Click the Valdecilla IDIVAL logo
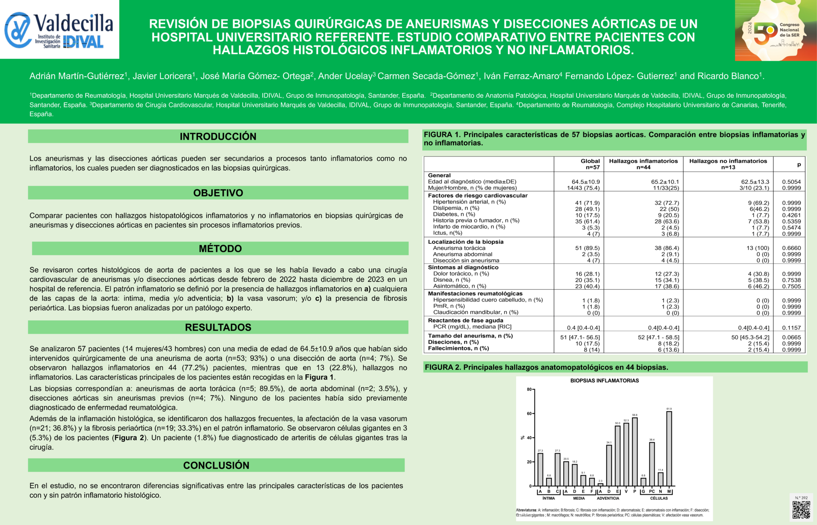(x=59, y=30)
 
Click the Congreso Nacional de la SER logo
(x=775, y=30)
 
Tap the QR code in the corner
(x=801, y=510)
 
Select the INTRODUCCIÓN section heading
(x=218, y=136)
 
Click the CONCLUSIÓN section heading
(x=217, y=465)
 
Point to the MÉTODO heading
(x=220, y=249)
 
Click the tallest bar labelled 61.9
(x=669, y=448)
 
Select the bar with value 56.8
(x=635, y=451)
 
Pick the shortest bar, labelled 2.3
(x=600, y=485)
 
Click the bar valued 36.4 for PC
(x=652, y=464)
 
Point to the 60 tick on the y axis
(x=529, y=414)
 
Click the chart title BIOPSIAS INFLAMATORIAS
(x=604, y=381)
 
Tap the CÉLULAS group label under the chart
(x=659, y=498)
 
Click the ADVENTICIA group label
(x=608, y=498)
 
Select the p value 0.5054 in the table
(x=791, y=182)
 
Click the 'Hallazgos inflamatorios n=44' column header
(x=643, y=164)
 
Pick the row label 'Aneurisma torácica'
(x=459, y=248)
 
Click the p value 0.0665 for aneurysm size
(x=791, y=338)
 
